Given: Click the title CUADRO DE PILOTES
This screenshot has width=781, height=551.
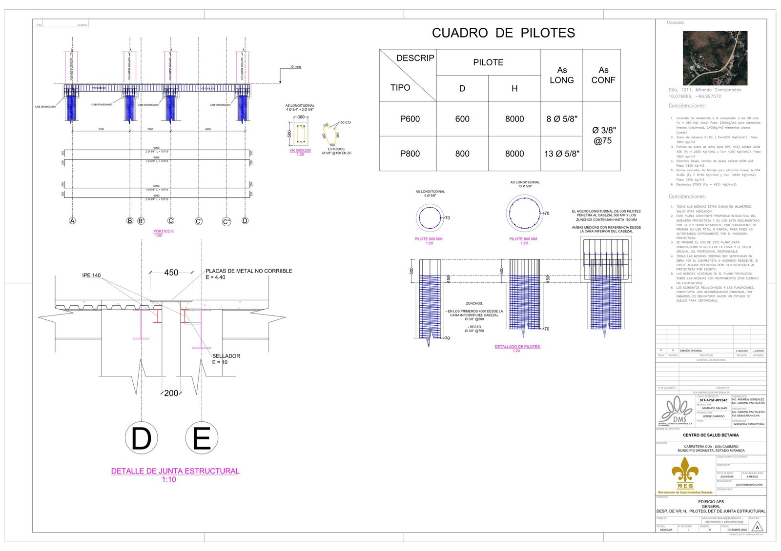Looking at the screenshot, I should [x=503, y=33].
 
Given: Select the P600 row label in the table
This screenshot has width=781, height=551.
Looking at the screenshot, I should [x=410, y=119].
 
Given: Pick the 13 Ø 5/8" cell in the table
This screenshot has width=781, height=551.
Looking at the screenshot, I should [x=561, y=154].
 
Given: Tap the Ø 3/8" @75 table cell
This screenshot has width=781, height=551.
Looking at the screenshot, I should [x=603, y=136].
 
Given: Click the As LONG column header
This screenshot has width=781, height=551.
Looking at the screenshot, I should [x=561, y=75].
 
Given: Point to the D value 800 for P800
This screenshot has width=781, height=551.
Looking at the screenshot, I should [x=462, y=154].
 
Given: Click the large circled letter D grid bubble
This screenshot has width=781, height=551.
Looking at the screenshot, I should [x=142, y=438].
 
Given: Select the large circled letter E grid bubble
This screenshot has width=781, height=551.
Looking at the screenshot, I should [x=202, y=438].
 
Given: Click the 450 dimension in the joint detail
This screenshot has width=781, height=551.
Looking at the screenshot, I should [x=171, y=273].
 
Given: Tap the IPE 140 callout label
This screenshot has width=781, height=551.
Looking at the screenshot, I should [x=91, y=275].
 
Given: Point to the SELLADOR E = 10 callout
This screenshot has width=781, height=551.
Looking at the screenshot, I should [x=226, y=359].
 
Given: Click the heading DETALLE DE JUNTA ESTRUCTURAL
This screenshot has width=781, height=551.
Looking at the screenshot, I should [x=175, y=471].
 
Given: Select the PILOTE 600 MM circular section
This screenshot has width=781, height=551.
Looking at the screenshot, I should [x=430, y=217].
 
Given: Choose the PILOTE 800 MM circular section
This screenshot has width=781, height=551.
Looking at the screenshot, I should [x=524, y=213].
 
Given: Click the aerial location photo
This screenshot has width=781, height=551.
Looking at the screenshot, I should [x=715, y=58].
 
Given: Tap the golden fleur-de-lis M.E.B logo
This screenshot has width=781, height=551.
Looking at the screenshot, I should [x=685, y=473].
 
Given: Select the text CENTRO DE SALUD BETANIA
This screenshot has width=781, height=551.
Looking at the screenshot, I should [x=710, y=435].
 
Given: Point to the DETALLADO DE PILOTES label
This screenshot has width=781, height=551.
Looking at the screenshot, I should [x=517, y=347].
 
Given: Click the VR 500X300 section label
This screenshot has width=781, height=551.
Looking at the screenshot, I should [x=300, y=150].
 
